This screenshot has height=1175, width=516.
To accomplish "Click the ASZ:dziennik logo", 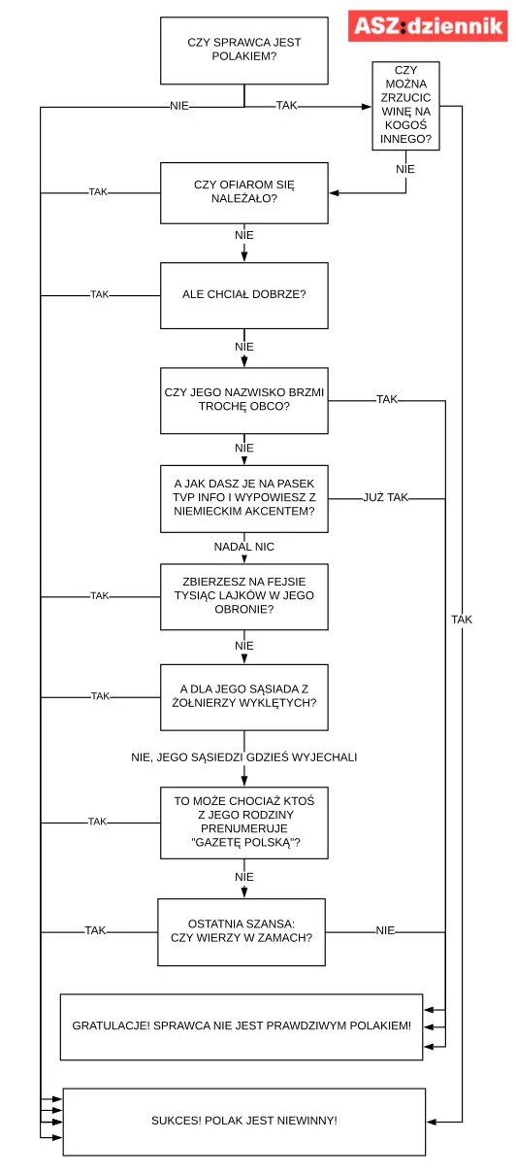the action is tap(428, 25).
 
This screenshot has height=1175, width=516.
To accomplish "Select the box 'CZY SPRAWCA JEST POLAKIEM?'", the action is tap(244, 50).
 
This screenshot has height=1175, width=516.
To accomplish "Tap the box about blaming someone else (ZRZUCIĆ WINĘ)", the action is tap(405, 106).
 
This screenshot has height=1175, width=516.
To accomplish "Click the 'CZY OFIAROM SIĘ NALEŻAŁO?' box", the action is tap(244, 192).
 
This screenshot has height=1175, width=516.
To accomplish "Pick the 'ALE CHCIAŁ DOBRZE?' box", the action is tap(244, 295).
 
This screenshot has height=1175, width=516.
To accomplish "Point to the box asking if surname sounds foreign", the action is tap(244, 400).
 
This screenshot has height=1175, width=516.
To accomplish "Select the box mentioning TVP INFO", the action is tap(244, 498).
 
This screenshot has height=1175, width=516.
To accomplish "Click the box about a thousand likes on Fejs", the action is tap(244, 596).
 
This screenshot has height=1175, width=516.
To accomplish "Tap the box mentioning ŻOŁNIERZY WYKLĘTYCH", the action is tap(244, 697).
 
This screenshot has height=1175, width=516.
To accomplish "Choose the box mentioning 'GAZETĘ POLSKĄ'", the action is tap(244, 822).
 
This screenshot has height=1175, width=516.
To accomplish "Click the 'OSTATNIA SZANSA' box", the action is tap(242, 932).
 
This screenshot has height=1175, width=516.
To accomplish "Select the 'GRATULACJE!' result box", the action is tap(242, 1026).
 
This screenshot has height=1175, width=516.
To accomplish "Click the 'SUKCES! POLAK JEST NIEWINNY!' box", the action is tap(244, 1122).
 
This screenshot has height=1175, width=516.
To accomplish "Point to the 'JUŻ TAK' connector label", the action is tap(386, 497).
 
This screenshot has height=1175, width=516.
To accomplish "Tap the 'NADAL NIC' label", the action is tap(244, 547).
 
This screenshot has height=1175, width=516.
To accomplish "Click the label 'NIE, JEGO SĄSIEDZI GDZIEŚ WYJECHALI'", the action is tap(244, 756).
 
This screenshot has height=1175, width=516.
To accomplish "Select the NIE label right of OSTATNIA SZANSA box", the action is tap(385, 930).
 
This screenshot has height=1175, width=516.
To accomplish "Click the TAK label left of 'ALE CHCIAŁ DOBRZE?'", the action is tap(100, 294).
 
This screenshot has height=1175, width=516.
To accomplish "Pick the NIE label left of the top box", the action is tap(179, 106).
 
